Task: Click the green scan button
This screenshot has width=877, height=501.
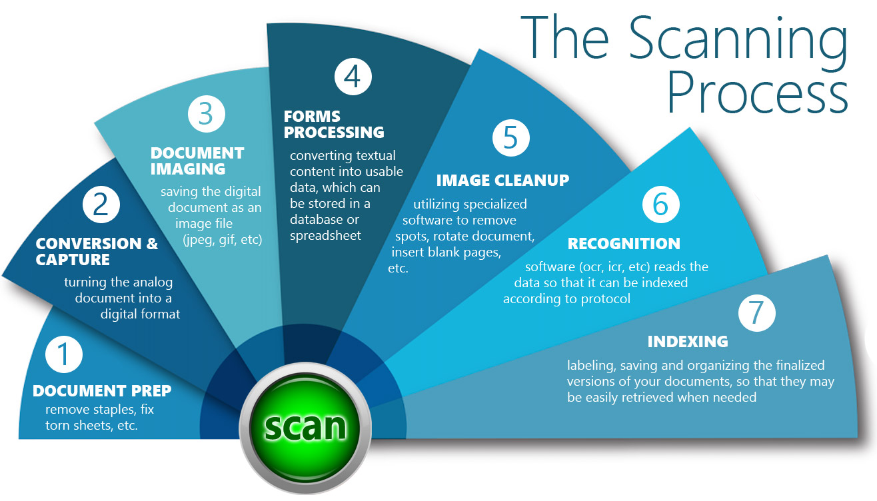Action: pos(305,425)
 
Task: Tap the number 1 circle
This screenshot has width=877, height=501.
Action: pos(64,354)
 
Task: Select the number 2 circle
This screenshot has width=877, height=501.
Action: pos(101,205)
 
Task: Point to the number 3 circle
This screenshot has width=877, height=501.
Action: pos(206,114)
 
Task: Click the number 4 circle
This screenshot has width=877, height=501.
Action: pos(353,77)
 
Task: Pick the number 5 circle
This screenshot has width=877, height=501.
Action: pos(510,138)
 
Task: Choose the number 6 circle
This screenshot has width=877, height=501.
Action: pos(660,205)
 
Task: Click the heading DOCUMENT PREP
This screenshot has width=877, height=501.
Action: pos(102,390)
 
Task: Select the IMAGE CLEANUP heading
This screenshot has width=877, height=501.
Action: pos(502,180)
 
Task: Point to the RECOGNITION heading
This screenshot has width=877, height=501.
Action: pos(624,244)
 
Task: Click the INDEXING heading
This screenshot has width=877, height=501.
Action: pos(688,342)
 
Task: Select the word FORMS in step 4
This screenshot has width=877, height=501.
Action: pos(312,117)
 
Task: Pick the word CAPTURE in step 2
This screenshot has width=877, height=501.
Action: pos(73,260)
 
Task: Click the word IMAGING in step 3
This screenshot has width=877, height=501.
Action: pos(188,169)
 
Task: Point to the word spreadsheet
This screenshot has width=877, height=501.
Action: pos(325,235)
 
